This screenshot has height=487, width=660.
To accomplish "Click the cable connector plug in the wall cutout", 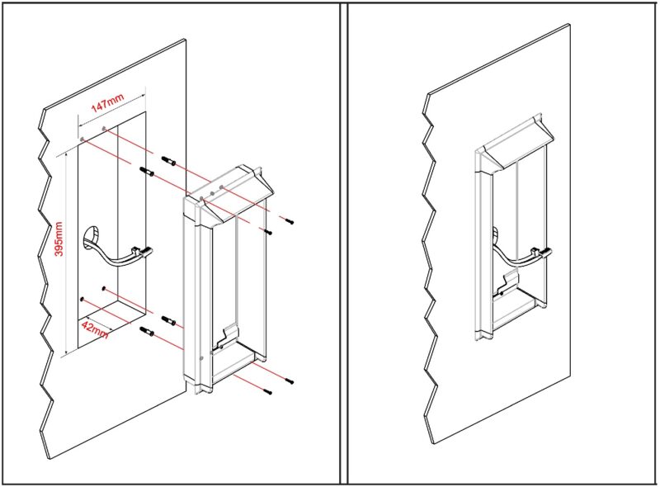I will pos(143,251).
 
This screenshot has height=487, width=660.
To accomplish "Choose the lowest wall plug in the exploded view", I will pos(148,332).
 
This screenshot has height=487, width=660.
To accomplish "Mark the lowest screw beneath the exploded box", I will pos(267,392).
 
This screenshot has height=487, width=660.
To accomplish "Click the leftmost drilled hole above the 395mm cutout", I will pos(83,136).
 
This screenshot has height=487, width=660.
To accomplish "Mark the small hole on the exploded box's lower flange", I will pos(203,357).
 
